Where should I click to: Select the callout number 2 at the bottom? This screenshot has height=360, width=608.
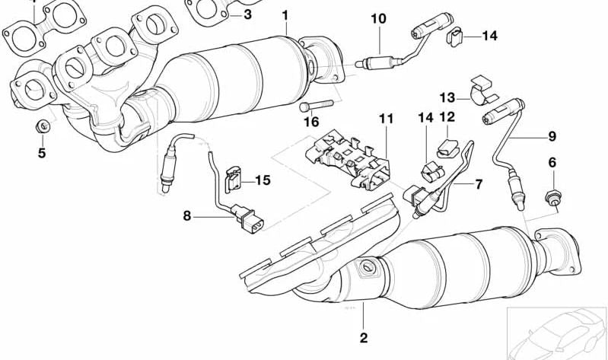[364, 337]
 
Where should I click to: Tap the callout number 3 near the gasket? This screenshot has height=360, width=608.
[247, 14]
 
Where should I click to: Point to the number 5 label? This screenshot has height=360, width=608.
[42, 154]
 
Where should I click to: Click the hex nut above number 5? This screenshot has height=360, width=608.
[44, 126]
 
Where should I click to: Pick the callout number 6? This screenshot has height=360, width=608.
[552, 162]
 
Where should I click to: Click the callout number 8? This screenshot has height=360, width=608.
[186, 216]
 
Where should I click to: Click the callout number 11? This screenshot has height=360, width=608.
[387, 118]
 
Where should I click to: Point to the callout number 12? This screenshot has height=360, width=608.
[447, 117]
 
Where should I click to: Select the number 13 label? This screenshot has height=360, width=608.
[447, 97]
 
